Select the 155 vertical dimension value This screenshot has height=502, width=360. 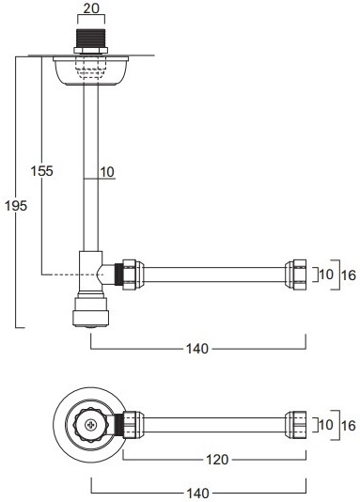[x=41, y=171]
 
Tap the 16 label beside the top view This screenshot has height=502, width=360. [x=348, y=424]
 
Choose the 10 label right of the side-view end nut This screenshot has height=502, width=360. [x=324, y=275]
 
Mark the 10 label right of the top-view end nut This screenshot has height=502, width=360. [x=324, y=424]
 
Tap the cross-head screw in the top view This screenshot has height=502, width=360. [x=89, y=425]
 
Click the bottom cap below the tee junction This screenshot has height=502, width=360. [x=90, y=311]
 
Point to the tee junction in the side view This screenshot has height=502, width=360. [x=91, y=273]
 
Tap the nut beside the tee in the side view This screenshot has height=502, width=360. [x=129, y=274]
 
